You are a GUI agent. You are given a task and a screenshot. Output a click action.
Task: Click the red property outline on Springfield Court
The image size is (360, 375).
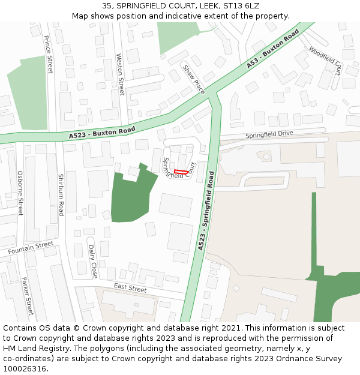[x=181, y=172]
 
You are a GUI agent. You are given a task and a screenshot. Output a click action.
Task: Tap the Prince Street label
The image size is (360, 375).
[x=49, y=54]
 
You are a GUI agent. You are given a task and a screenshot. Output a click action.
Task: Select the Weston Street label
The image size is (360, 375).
[x=120, y=74]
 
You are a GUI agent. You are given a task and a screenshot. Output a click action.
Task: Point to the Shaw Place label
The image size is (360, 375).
[x=194, y=79]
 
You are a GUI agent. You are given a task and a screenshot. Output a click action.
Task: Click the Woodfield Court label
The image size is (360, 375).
[x=326, y=59]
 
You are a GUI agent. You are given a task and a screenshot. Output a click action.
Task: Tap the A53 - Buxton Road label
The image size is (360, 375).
[x=272, y=50]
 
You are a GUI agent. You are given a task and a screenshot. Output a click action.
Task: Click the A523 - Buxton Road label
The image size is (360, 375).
[x=102, y=133]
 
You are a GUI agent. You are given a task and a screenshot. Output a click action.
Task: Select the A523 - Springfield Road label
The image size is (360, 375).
[x=206, y=211]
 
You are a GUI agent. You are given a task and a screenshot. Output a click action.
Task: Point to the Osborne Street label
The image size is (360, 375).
[x=20, y=193]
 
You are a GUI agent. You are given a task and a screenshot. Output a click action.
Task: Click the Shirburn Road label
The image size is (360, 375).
[x=61, y=195]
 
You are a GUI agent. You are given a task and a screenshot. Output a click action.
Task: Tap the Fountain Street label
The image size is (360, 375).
[x=31, y=248]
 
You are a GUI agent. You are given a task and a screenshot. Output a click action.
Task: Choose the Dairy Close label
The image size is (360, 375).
[x=92, y=261]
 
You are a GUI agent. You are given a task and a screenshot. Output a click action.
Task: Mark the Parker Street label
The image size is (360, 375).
[x=26, y=296]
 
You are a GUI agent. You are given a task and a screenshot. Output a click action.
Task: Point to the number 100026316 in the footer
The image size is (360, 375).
[x=25, y=368]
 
